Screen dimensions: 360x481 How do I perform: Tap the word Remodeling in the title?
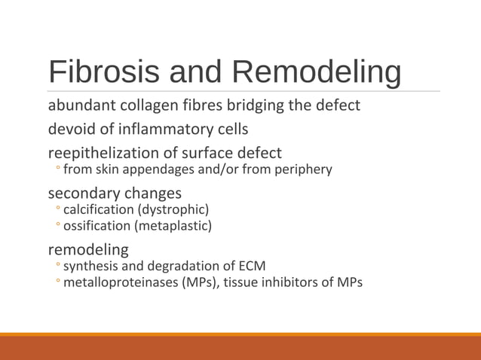(316, 72)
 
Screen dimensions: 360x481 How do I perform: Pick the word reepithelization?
(103, 153)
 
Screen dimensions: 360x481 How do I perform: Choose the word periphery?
(304, 169)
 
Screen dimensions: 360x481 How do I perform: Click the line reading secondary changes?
(115, 193)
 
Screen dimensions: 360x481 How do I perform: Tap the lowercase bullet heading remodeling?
(88, 249)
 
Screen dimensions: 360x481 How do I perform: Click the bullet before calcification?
(57, 209)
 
